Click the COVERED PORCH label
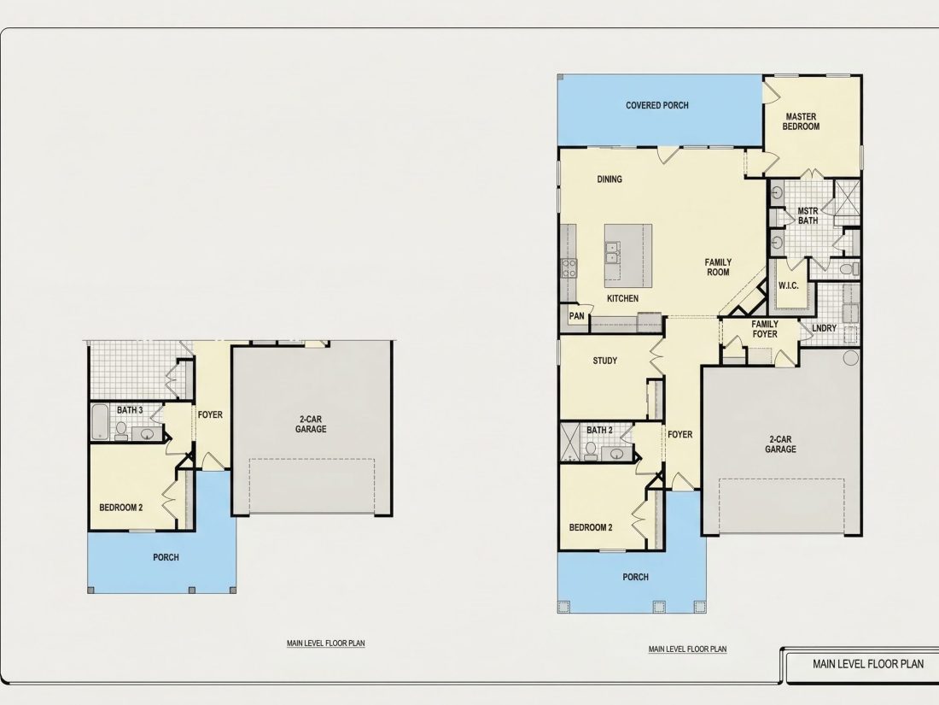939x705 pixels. (657, 105)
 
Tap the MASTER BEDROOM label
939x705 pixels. (801, 121)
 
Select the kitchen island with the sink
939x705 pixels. (627, 256)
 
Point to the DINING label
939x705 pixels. (609, 179)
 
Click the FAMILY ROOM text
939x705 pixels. (718, 267)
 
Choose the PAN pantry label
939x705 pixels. (577, 316)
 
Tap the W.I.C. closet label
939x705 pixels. (788, 285)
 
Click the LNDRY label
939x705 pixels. (824, 328)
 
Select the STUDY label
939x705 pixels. (605, 361)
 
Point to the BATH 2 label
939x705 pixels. (599, 431)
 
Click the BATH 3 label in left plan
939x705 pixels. (130, 411)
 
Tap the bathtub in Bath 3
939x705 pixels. (100, 422)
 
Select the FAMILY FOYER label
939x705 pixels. (765, 329)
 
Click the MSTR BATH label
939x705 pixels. (808, 216)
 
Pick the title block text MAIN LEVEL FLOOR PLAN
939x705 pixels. (868, 664)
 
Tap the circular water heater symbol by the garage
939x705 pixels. (850, 359)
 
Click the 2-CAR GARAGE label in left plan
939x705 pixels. (311, 425)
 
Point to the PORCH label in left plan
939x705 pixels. (166, 557)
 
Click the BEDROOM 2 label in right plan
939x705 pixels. (591, 528)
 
